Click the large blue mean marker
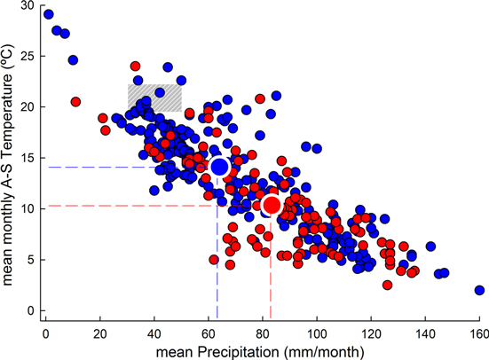(219, 167)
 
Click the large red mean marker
(272, 205)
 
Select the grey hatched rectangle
(154, 98)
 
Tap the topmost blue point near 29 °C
(49, 14)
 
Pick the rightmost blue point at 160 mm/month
(479, 290)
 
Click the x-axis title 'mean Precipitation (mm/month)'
(263, 350)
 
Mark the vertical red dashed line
(271, 266)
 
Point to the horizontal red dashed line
(133, 206)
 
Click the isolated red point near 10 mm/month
(75, 101)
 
